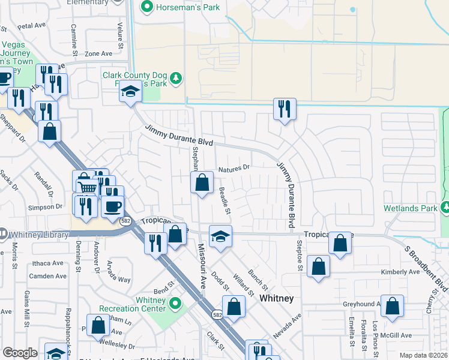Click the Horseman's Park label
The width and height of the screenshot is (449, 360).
click(187, 7)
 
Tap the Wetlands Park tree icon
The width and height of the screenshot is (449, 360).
click(445, 208)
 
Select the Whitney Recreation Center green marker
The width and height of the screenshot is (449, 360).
click(175, 304)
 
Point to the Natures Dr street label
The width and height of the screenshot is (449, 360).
click(234, 169)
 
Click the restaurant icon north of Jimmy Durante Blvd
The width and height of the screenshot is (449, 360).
click(283, 109)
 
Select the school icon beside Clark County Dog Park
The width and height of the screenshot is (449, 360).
click(130, 91)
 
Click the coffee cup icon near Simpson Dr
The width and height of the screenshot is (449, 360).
click(112, 206)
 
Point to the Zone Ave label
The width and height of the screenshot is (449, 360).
click(98, 53)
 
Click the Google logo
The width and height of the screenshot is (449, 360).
click(20, 353)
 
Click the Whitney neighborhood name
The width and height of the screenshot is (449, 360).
click(276, 298)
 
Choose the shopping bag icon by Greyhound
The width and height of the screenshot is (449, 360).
click(391, 307)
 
